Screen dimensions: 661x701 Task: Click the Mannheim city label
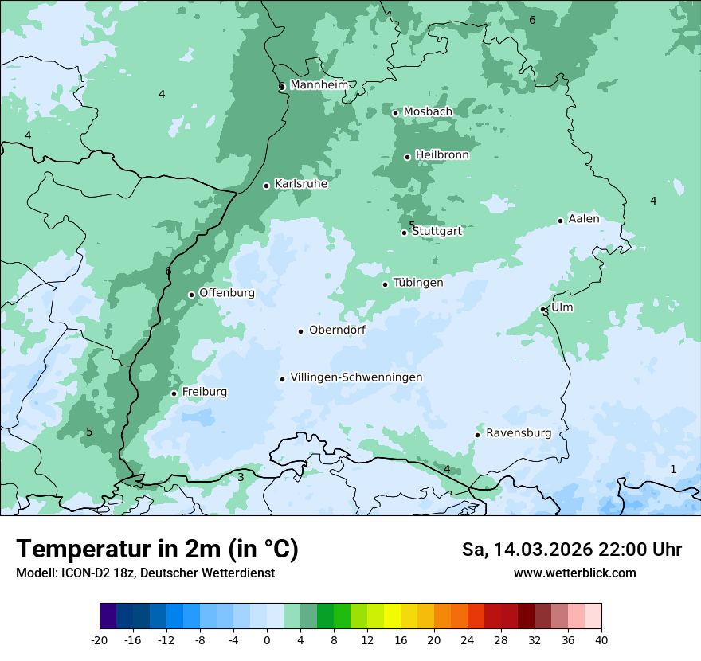[x=318, y=85]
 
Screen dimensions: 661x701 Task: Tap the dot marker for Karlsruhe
[x=267, y=186]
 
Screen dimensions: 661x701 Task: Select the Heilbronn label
[x=442, y=155]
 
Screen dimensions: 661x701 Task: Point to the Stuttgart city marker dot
[x=404, y=233]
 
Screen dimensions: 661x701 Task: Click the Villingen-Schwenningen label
[x=356, y=377]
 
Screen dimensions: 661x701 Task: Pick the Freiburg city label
[x=204, y=392]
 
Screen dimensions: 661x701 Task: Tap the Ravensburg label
[x=519, y=433]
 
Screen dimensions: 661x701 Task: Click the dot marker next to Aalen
[x=560, y=221]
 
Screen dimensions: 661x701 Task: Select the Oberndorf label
[x=337, y=330]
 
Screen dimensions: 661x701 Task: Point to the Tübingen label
[x=418, y=283]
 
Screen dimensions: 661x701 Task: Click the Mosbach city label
[x=428, y=112]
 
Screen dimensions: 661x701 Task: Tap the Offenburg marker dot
[x=191, y=295]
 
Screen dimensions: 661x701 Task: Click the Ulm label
[x=562, y=307]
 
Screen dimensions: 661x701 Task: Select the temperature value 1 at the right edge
[x=673, y=470]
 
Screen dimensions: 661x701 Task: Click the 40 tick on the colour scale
[x=601, y=640]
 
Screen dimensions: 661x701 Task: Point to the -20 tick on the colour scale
[x=100, y=640]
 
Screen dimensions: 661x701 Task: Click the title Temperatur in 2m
[x=157, y=550]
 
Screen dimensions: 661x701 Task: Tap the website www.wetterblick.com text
[x=574, y=573]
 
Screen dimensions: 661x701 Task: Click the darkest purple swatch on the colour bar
[x=108, y=616]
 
